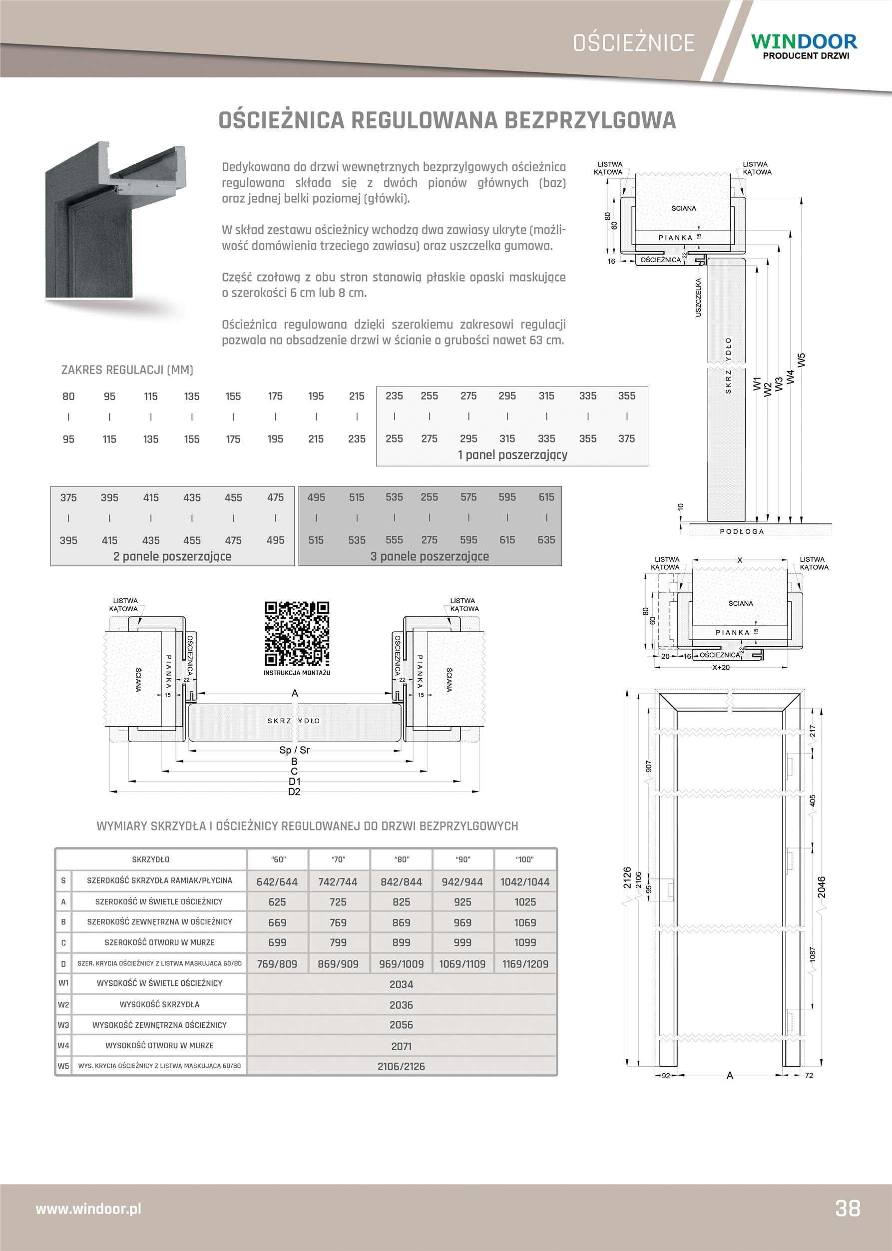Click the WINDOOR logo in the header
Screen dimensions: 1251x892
click(804, 45)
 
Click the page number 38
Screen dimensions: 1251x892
click(848, 1208)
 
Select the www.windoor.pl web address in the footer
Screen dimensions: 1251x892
click(88, 1209)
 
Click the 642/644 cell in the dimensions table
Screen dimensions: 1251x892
click(277, 882)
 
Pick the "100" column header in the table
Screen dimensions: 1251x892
click(524, 859)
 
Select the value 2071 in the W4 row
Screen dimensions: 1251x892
click(401, 1046)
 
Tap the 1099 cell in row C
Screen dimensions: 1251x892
click(524, 942)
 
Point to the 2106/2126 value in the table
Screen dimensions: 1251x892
click(401, 1067)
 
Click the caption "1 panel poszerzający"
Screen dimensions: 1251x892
click(512, 455)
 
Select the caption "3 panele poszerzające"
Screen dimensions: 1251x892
click(429, 556)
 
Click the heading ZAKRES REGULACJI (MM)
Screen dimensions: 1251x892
click(127, 370)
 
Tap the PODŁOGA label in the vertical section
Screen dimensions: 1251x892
click(742, 531)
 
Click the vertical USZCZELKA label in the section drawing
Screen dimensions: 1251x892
click(698, 297)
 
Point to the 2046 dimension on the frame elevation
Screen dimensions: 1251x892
click(821, 887)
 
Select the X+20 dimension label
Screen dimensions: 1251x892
click(721, 668)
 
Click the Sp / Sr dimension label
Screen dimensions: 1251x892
click(294, 750)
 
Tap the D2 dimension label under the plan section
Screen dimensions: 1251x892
click(294, 792)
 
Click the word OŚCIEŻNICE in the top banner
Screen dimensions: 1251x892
click(633, 43)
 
